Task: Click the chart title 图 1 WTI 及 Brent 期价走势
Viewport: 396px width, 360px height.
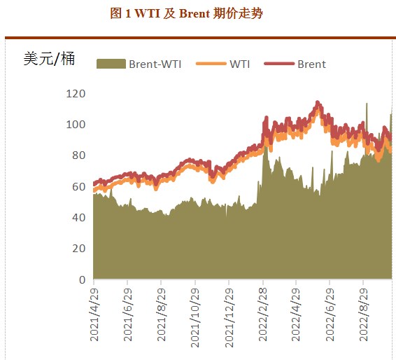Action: [187, 13]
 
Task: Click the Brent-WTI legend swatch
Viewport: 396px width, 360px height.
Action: [111, 64]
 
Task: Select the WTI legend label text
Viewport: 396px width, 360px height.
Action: [240, 64]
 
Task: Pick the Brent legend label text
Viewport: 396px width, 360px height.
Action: [311, 64]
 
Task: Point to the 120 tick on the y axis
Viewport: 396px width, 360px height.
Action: [76, 94]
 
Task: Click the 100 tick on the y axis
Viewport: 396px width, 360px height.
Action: [76, 125]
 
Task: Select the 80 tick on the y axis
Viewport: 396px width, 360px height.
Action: [79, 155]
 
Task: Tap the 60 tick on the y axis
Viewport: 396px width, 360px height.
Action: [79, 187]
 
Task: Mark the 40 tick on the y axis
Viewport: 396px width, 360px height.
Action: [79, 218]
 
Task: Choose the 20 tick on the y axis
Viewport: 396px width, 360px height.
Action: [79, 249]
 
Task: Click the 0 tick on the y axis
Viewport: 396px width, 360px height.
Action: [82, 280]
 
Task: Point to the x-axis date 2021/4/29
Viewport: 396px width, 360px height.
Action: [94, 314]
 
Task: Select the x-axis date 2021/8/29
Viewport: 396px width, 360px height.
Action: [162, 314]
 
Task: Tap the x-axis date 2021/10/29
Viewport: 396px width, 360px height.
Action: [195, 312]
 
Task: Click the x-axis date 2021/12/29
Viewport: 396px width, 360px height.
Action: [229, 312]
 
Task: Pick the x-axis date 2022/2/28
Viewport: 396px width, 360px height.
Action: [263, 314]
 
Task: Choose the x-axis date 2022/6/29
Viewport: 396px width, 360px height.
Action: [330, 314]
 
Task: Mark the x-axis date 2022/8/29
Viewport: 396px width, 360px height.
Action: [364, 314]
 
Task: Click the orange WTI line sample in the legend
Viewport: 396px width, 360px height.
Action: [211, 64]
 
